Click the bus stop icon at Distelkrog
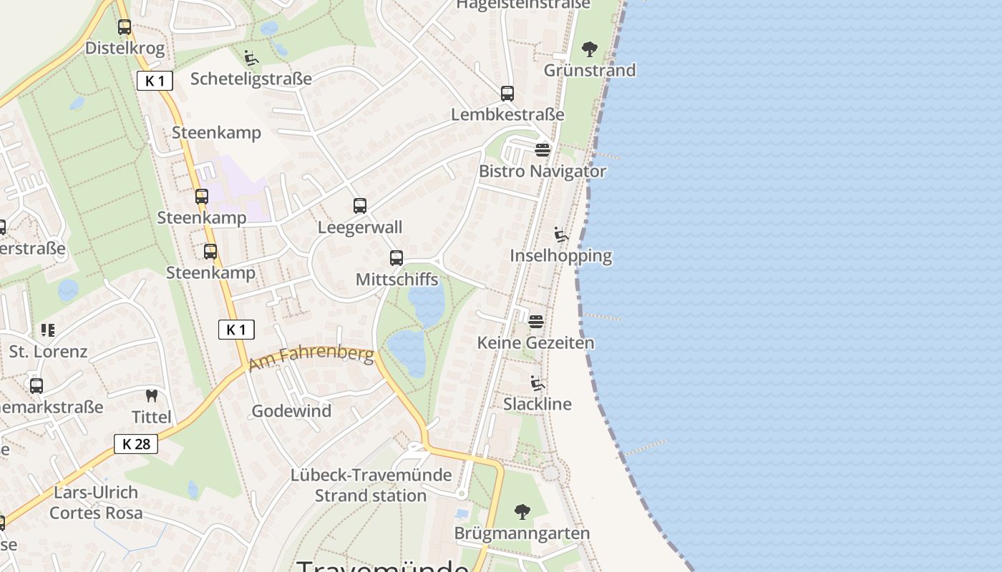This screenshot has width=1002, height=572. pos(125,27)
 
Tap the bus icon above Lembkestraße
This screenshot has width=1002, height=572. pos(507,93)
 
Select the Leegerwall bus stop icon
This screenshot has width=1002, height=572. pos(360,206)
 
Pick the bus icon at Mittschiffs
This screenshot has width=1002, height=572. pos(397,258)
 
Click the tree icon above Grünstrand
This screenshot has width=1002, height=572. pos(590,49)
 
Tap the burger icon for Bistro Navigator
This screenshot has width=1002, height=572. pos(543,150)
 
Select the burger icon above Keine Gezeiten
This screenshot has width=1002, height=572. pos(536,322)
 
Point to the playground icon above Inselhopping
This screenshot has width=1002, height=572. pos(561,235)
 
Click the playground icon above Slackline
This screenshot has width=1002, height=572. pos(538,383)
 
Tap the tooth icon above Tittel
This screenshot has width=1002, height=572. pos(152,395)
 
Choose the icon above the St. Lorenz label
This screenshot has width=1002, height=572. pos(48,330)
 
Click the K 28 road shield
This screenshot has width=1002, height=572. pos(136,444)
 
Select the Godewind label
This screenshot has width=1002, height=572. pos(291,411)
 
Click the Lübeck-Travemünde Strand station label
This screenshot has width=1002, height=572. pos(371,485)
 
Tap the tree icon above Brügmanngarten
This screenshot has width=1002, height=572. pos(522,512)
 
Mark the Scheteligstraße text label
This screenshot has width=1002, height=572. pos(251,79)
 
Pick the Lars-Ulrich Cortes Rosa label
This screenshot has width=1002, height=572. pos(96,503)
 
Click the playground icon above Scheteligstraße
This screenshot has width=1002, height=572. pos(251,58)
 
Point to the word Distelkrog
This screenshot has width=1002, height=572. pos(125,49)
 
